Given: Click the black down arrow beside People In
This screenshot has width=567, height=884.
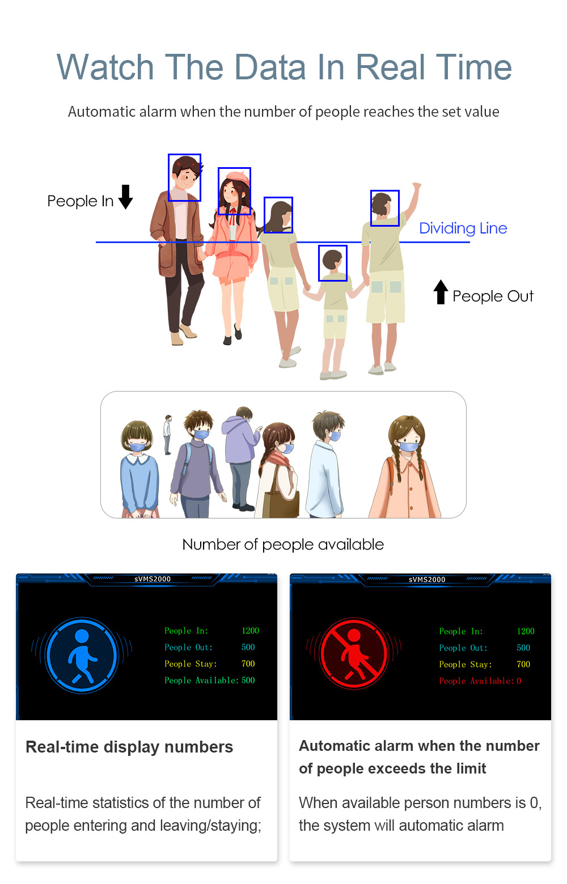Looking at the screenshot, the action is click(125, 197).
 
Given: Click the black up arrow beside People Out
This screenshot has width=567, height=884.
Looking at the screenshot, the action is click(441, 292).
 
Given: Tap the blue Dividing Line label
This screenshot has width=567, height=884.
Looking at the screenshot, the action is click(463, 228).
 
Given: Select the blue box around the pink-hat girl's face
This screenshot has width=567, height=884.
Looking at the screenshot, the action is click(234, 191).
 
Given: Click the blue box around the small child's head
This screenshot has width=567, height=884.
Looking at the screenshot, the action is click(332, 263).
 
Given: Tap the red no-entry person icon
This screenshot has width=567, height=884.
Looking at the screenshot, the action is click(354, 653).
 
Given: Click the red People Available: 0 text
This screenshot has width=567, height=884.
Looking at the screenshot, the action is click(480, 681).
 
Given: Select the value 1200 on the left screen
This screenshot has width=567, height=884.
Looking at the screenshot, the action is click(251, 631).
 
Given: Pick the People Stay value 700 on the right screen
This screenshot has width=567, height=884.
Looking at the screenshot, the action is click(523, 664).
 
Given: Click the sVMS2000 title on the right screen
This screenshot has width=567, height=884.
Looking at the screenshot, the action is click(427, 579).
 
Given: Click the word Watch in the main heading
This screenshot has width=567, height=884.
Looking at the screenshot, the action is click(105, 67).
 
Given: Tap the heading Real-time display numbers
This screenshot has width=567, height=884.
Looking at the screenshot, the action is click(129, 747).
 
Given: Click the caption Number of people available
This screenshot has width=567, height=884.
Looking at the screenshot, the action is click(283, 545).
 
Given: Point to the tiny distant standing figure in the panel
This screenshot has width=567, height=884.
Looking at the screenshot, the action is click(168, 435).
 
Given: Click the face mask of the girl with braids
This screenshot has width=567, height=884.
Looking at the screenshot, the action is click(408, 447).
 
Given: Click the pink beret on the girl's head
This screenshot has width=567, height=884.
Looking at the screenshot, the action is click(238, 177).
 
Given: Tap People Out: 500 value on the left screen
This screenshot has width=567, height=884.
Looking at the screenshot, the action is click(248, 647).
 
